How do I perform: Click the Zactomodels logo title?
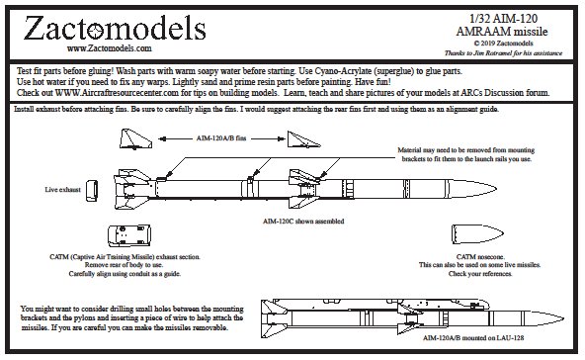pos(115,29)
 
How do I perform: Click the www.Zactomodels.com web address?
pos(110,48)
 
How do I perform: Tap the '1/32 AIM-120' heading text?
pos(503,19)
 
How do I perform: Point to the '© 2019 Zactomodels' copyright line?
pos(503,44)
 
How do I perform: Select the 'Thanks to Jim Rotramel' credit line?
pos(503,53)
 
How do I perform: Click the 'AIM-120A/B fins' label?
pos(221,138)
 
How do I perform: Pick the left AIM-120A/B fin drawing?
pos(135,138)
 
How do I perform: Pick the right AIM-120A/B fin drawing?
pos(303,139)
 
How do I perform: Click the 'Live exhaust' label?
pos(62,190)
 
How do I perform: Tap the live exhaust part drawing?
pos(92,191)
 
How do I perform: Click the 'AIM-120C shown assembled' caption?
pos(303,222)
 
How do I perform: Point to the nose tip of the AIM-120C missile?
pos(497,189)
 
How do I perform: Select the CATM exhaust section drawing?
pos(129,235)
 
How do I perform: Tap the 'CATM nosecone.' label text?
pos(480,257)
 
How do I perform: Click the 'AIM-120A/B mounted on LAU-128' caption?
pos(473,338)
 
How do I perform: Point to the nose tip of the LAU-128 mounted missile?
pos(563,318)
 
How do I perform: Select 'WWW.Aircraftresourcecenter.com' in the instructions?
pos(118,93)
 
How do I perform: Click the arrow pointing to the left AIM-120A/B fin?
pos(175,138)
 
